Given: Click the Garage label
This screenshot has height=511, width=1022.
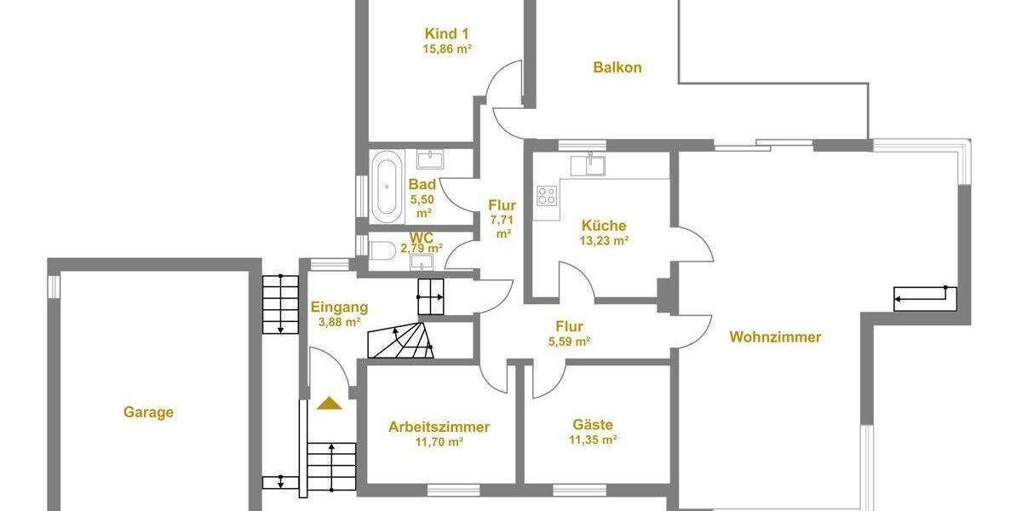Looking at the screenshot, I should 148,412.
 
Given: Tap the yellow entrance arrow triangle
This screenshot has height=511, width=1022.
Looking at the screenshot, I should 329,403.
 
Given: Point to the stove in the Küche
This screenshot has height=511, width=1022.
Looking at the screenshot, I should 547,197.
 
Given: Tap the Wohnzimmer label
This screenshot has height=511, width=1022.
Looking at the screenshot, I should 775,337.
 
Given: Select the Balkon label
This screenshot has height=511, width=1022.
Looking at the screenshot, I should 617,67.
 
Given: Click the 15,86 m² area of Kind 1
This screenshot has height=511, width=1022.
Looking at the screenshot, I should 447,49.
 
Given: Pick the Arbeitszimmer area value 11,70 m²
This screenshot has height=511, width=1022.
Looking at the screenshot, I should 439,443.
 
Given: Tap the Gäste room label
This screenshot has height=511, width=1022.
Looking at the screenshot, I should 593,425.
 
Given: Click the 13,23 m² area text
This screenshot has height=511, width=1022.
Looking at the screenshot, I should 605,241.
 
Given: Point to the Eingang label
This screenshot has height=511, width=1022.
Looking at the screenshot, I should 339,307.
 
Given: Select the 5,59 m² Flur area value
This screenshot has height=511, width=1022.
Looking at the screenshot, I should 569,342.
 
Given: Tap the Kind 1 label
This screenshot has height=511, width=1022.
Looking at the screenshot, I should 447,33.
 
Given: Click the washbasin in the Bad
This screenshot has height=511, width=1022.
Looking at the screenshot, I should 430,158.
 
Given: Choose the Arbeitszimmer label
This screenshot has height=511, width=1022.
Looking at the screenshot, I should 439,427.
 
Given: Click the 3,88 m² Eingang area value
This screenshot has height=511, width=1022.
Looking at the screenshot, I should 339,323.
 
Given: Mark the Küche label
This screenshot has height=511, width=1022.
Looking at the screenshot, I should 604,226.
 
